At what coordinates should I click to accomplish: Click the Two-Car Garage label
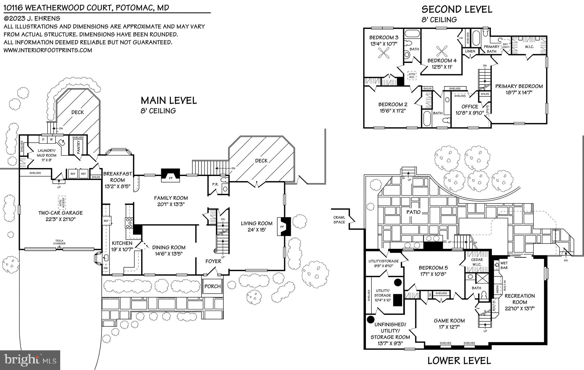[60, 213]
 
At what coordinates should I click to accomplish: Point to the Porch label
[213, 286]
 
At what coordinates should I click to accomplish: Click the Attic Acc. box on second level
[412, 76]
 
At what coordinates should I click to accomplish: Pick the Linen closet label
[470, 51]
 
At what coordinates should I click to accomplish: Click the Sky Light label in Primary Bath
[505, 46]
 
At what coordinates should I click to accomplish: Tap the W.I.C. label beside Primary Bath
[529, 47]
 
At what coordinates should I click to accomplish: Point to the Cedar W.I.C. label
[477, 262]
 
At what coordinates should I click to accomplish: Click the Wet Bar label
[504, 266]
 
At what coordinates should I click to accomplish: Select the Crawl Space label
[339, 220]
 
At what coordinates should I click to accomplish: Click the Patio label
[413, 212]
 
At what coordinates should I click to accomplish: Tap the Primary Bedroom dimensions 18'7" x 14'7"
[519, 92]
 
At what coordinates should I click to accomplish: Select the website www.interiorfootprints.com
[48, 50]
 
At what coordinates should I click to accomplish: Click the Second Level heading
[457, 9]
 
